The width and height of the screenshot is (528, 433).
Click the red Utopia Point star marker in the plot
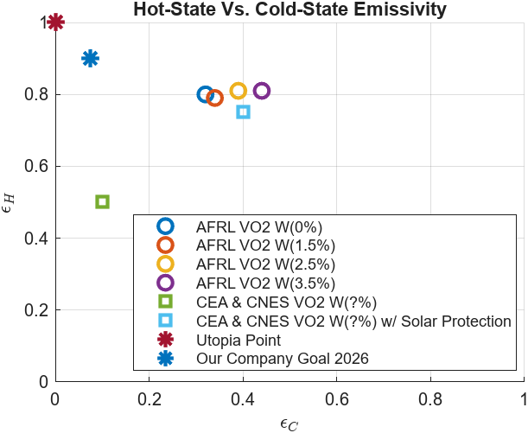point(56,22)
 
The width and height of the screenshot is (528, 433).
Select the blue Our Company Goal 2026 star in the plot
point(91,59)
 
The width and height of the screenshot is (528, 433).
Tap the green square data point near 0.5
point(102,201)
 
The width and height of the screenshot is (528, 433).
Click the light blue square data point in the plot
point(243,112)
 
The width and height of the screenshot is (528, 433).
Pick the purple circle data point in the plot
point(262,91)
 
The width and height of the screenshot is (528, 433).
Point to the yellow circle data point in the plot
point(239,91)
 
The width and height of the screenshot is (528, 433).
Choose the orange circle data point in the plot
point(215,98)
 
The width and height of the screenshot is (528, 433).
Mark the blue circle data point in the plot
point(205,94)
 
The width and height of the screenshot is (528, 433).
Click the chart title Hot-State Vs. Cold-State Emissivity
point(289,10)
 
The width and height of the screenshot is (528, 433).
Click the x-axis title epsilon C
point(289,423)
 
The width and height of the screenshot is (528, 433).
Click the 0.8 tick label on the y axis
point(35,94)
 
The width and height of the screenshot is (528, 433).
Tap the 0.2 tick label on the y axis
point(35,309)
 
